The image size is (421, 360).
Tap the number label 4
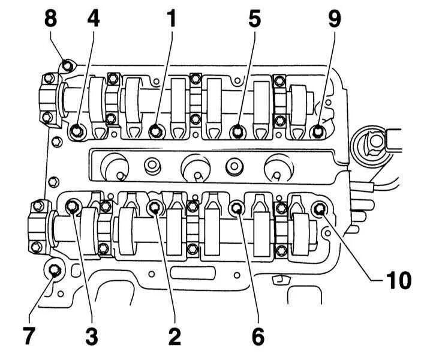point(93,19)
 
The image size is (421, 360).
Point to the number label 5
point(255,19)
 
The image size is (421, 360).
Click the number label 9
point(334,19)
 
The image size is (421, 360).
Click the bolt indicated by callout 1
point(156,130)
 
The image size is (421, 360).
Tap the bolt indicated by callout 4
point(77,131)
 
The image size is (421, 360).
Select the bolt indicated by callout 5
point(238,130)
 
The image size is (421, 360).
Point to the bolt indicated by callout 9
point(318,130)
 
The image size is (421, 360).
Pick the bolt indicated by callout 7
point(55,270)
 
